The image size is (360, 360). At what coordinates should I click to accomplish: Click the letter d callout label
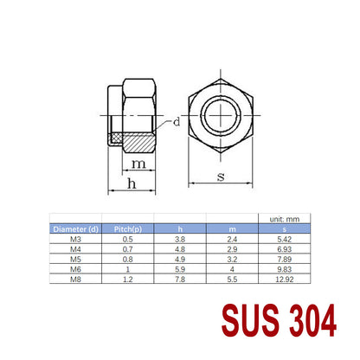pos(177,122)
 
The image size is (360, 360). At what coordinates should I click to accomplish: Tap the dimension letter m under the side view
pos(138,164)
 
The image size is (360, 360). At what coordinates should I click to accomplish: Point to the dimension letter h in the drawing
pos(132,183)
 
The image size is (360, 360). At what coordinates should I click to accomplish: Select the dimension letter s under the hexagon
pos(221,177)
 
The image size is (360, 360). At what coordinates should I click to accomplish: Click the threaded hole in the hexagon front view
pos(221,115)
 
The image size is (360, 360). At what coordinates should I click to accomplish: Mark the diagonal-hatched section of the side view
pos(139,144)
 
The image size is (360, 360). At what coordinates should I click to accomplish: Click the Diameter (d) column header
pos(75,229)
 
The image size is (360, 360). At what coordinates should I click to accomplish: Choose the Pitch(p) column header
pos(128,229)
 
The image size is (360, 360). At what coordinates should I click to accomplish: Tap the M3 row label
pos(75,240)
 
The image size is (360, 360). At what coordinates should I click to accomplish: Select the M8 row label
pos(75,280)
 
